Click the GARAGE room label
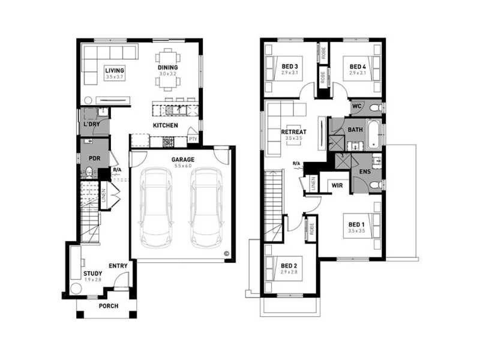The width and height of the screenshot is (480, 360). click(x=183, y=160)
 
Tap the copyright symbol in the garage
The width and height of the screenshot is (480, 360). click(x=227, y=253)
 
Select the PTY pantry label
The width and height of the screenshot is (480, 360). click(x=193, y=139)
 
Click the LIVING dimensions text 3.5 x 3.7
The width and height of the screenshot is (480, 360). click(x=115, y=77)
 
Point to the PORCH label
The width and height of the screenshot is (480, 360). click(x=109, y=306)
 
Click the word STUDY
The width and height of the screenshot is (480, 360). click(x=93, y=274)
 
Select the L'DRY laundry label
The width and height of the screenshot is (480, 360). click(x=92, y=124)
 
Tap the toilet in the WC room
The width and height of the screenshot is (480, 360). click(x=374, y=108)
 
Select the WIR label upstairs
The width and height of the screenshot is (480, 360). click(x=337, y=185)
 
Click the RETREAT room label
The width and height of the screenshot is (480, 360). click(x=293, y=132)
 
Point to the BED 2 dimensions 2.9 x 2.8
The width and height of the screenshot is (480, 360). click(x=289, y=272)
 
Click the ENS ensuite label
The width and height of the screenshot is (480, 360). click(x=365, y=172)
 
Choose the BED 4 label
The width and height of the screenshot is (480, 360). click(x=358, y=67)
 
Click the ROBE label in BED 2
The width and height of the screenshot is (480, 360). click(x=311, y=229)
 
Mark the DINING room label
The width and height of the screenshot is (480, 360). click(x=168, y=67)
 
